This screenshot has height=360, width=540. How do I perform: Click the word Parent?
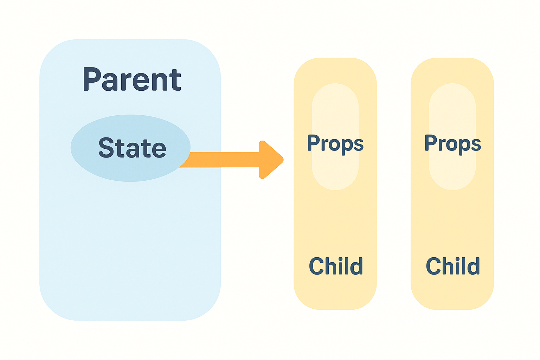tap(132, 79)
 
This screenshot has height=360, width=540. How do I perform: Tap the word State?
tap(132, 148)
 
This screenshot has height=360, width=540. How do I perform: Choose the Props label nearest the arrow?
tap(335, 144)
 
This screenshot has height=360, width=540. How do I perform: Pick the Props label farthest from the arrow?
tap(452, 144)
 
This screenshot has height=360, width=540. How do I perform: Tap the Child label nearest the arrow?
tap(336, 266)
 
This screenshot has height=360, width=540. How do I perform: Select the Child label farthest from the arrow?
tap(453, 266)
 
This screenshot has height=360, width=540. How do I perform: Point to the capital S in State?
tap(106, 148)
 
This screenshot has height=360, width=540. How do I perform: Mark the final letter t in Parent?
tap(175, 80)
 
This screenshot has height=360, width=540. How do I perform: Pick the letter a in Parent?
tap(110, 82)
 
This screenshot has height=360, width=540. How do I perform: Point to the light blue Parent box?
tap(130, 241)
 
